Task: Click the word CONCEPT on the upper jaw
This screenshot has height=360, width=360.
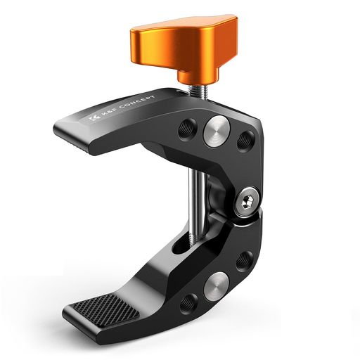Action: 138,103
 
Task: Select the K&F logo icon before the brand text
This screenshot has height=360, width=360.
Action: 94,118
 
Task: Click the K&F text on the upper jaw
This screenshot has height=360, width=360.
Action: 108,113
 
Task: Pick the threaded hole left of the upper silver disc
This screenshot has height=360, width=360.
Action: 187,129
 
